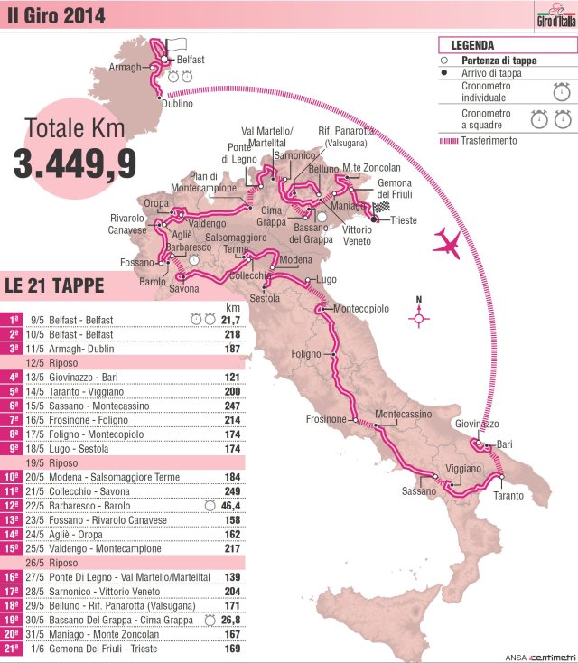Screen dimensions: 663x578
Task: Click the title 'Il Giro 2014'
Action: [x=56, y=15]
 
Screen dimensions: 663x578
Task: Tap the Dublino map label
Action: [x=177, y=104]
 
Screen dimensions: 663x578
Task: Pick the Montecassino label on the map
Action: [x=402, y=414]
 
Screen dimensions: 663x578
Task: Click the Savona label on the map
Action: [x=184, y=289]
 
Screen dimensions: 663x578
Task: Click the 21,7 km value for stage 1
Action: [x=230, y=319]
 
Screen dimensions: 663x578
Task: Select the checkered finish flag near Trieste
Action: [x=380, y=207]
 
